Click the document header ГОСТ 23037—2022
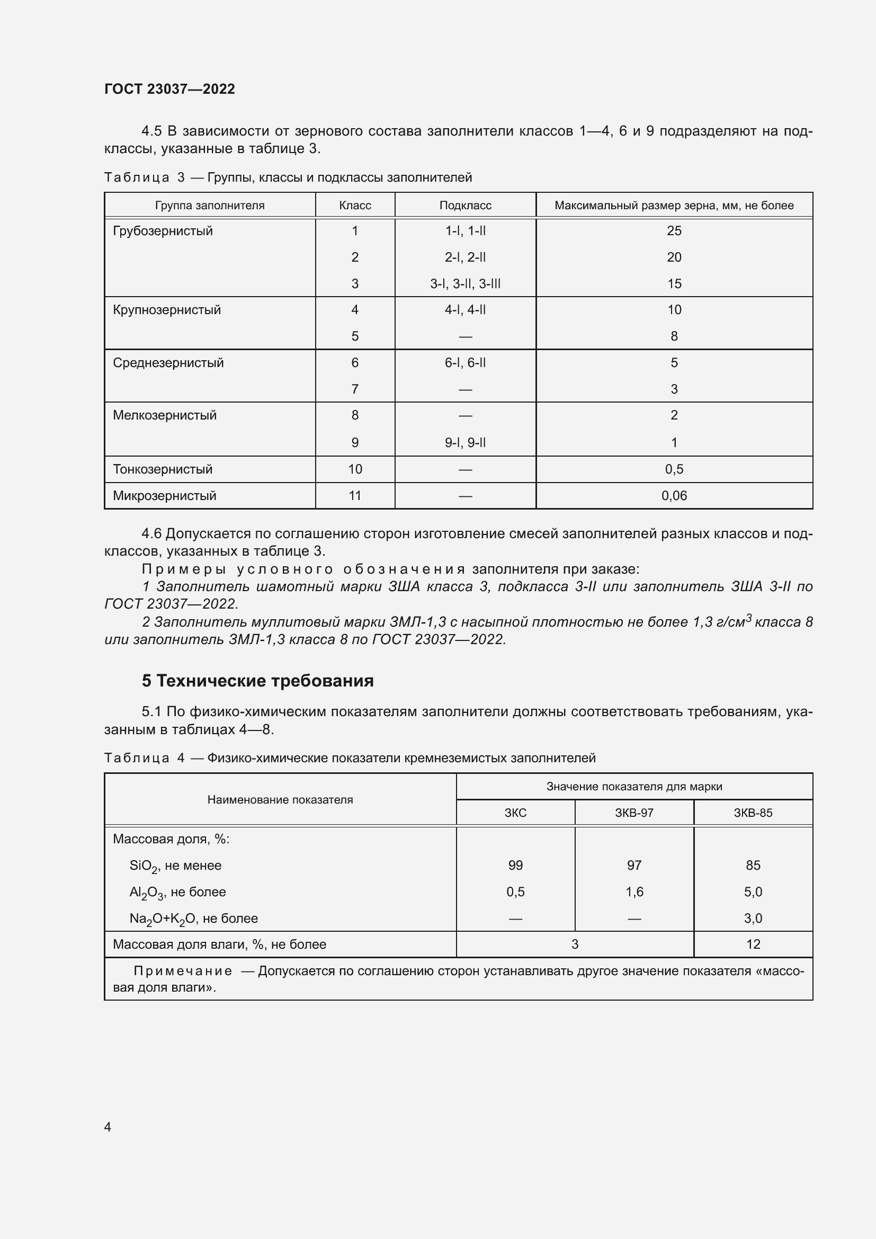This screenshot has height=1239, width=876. [x=169, y=89]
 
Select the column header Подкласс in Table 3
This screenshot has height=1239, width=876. [x=465, y=206]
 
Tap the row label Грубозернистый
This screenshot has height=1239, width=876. [x=163, y=231]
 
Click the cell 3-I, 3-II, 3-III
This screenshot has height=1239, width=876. [x=465, y=284]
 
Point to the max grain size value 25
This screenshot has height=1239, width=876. [x=674, y=231]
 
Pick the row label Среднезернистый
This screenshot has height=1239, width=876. [x=168, y=363]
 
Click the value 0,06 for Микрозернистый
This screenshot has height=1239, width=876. [x=674, y=495]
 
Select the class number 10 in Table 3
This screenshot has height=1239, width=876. [x=355, y=469]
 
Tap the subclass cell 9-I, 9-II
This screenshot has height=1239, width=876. [x=465, y=442]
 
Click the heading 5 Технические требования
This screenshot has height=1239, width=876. [x=257, y=681]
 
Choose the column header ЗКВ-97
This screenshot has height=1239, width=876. [x=634, y=813]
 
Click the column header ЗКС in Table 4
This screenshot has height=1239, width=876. [x=515, y=813]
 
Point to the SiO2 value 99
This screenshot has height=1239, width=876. [x=515, y=865]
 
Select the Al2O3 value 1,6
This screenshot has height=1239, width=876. [x=634, y=892]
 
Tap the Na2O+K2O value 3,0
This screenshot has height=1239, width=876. [x=753, y=918]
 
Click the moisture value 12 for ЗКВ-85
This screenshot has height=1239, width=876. [x=753, y=944]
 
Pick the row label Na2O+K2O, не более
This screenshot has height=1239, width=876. [x=193, y=919]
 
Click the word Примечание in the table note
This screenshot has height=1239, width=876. [x=183, y=971]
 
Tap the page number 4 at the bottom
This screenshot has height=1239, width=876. [x=108, y=1127]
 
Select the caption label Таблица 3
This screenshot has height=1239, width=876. [x=144, y=177]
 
